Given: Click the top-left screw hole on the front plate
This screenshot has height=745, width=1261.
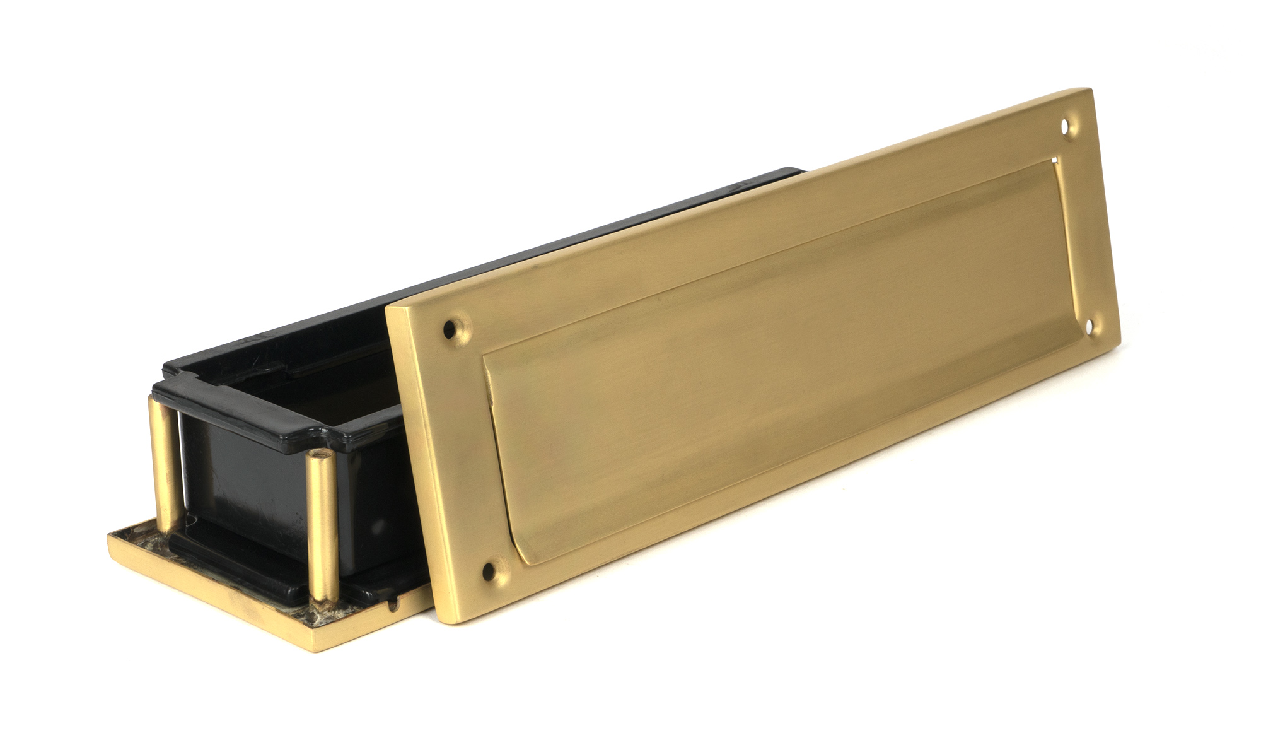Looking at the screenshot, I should [449, 328].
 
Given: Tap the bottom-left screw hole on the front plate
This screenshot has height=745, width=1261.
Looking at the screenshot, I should [487, 572].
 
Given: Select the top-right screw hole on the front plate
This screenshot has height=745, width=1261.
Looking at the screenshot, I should [1066, 127].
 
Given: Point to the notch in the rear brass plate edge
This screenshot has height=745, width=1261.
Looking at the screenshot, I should [395, 607].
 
